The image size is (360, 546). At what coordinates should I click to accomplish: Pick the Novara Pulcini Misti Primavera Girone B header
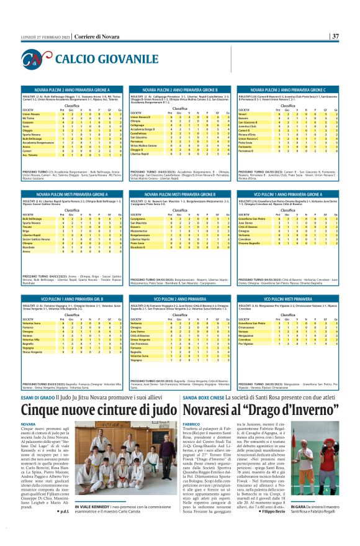tap(181, 194)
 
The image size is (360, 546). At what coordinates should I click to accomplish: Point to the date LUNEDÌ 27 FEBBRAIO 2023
tap(41, 37)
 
